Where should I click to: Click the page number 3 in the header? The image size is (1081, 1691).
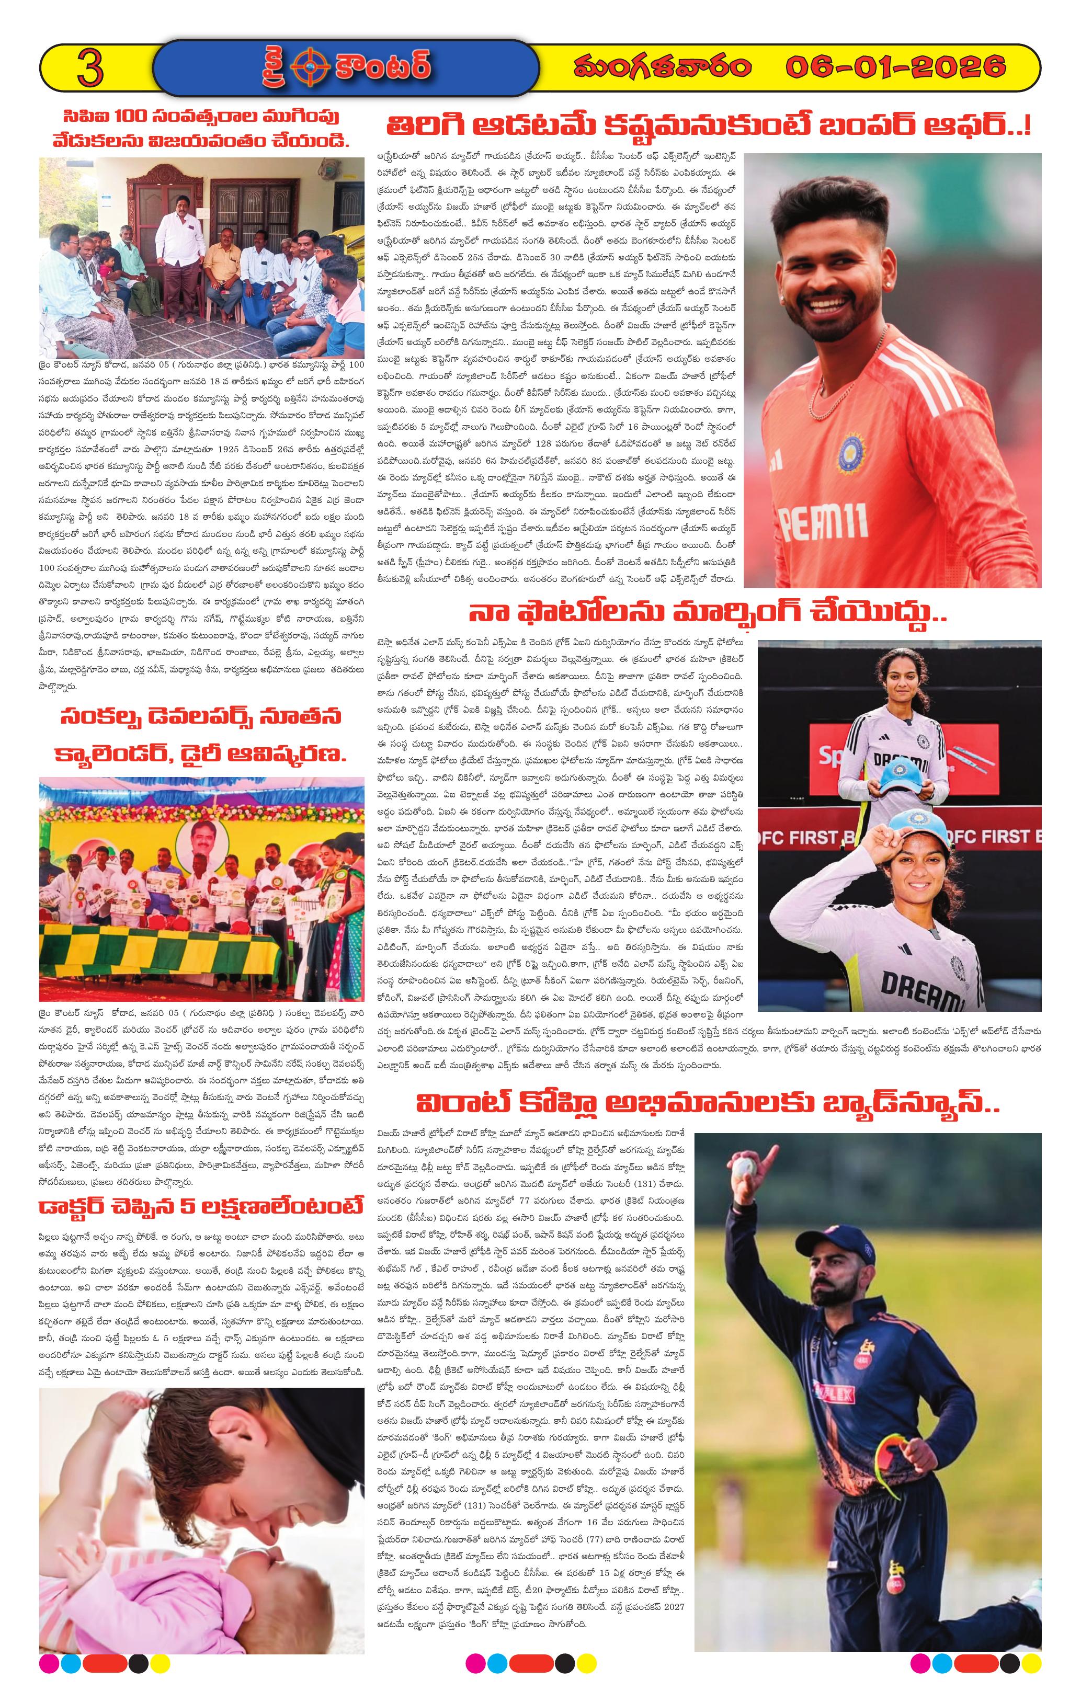[x=90, y=68]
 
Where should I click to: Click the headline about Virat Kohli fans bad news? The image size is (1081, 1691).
[x=707, y=1103]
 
